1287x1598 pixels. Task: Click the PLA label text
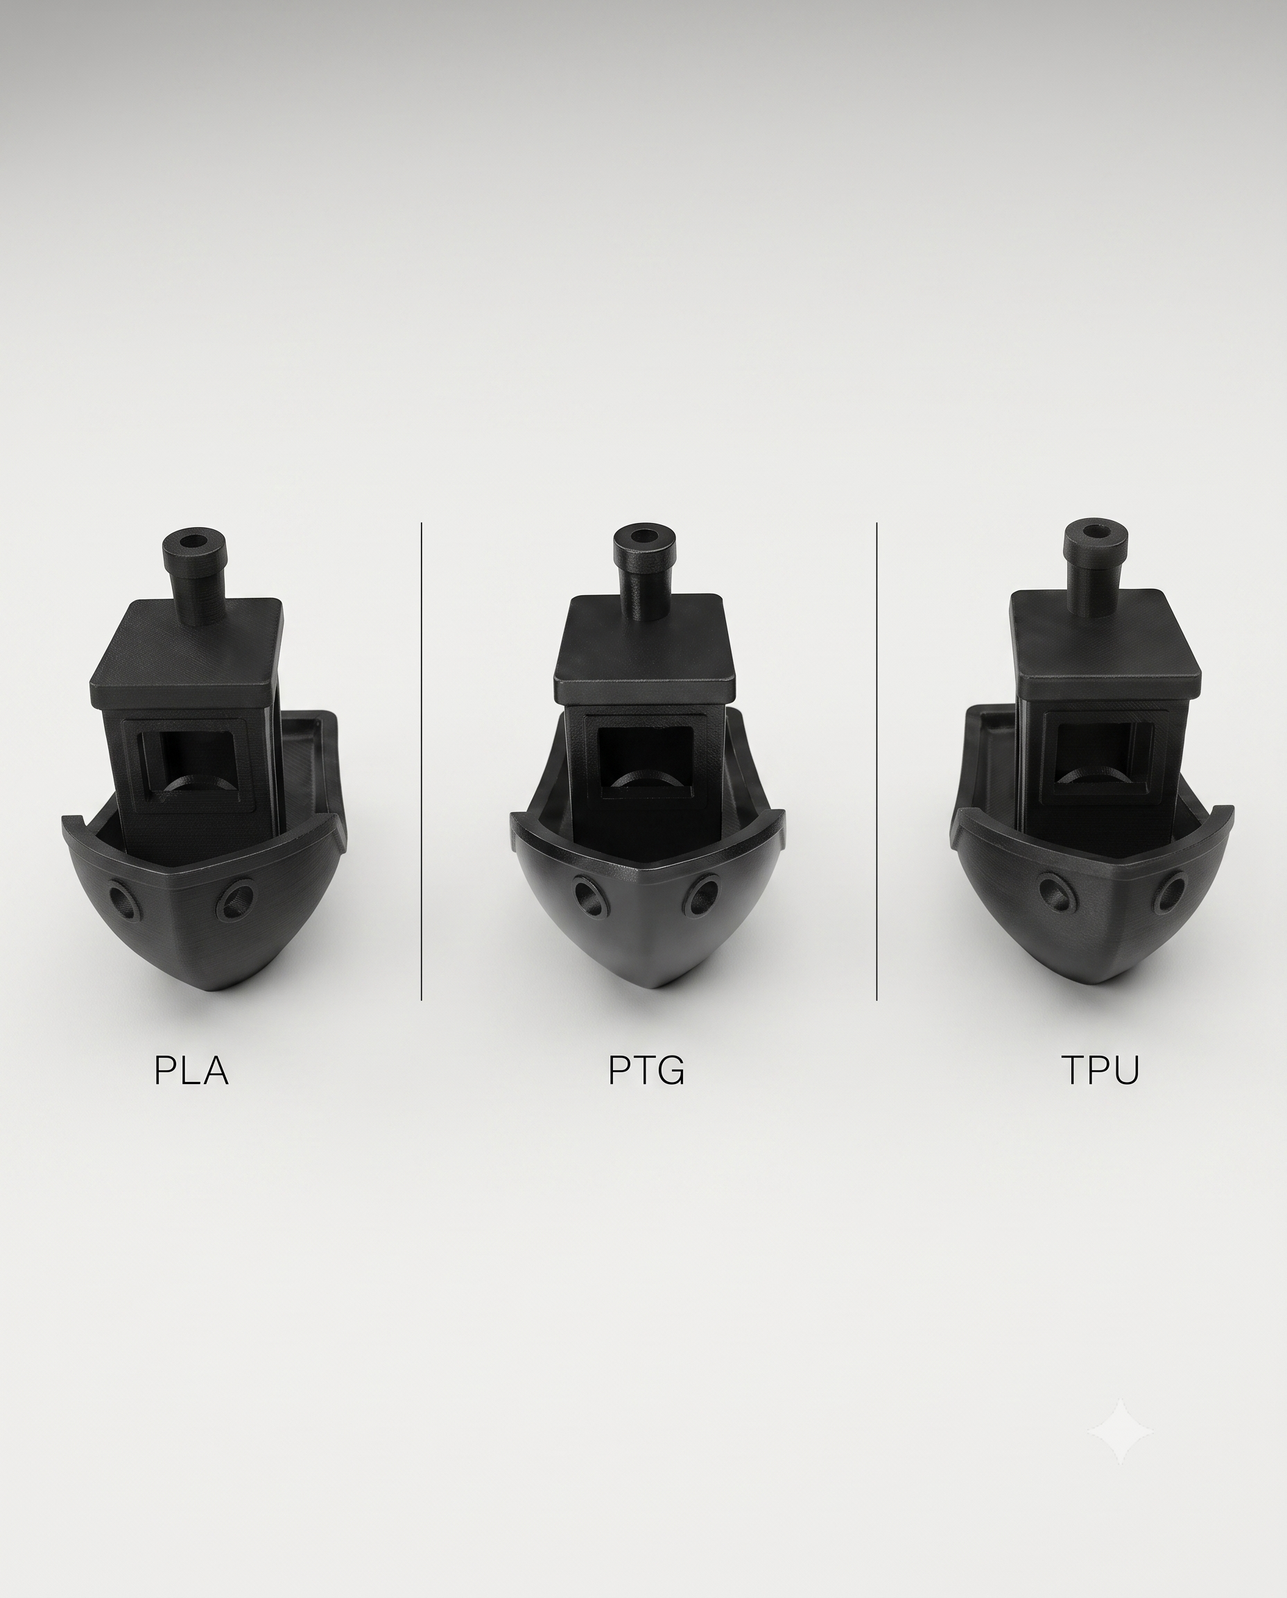(x=191, y=1070)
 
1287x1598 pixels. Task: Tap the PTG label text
(x=646, y=1070)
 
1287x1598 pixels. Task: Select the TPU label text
(x=1100, y=1070)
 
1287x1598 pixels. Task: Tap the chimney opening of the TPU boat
(x=1095, y=532)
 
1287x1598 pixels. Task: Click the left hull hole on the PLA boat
(x=122, y=902)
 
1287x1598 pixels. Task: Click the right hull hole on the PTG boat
(x=701, y=894)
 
